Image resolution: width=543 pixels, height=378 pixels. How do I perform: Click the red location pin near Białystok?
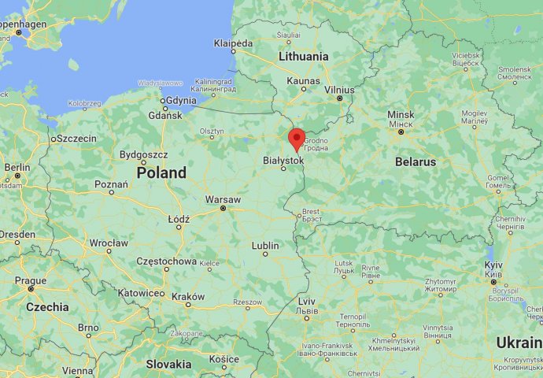point(297,138)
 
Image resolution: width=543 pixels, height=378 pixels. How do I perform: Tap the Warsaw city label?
point(223,199)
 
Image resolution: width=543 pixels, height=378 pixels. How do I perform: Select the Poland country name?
point(161,172)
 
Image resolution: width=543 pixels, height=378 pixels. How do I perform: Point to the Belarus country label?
point(416,161)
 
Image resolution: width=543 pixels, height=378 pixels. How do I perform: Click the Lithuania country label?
point(304,57)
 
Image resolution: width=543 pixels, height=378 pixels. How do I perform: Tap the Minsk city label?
point(401,115)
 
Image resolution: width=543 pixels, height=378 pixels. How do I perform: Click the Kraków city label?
point(188,297)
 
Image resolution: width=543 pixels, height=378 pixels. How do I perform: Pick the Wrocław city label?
point(109,243)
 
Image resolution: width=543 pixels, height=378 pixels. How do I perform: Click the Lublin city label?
point(265,246)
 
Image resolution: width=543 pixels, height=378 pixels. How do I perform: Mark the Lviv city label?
point(307,301)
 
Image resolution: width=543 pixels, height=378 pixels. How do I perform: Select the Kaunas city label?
point(304,80)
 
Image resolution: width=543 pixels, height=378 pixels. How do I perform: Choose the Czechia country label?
point(47,307)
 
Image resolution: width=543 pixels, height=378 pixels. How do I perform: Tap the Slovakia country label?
point(168,364)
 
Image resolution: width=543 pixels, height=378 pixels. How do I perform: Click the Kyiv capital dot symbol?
point(493,281)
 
